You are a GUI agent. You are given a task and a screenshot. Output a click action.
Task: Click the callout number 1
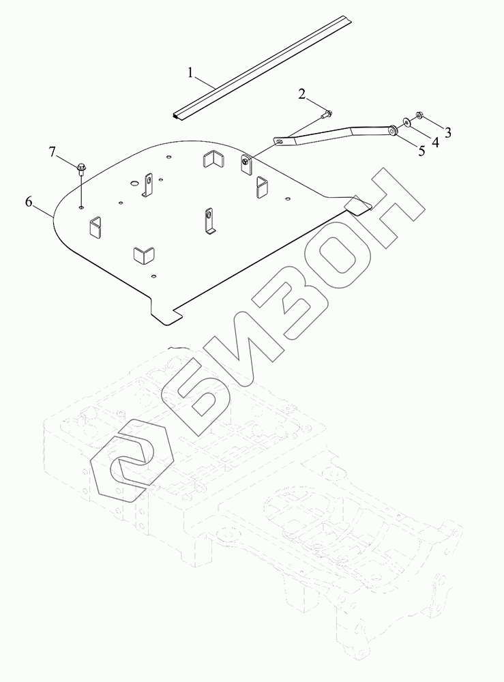point(192,71)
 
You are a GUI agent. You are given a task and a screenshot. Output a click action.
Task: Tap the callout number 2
point(301,93)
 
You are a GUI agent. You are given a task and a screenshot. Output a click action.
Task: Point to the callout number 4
point(435,141)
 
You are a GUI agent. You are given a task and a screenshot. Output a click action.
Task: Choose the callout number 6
point(29,201)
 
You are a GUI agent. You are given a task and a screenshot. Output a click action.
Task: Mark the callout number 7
point(53,151)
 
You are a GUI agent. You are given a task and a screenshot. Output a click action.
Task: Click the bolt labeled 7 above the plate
point(81,167)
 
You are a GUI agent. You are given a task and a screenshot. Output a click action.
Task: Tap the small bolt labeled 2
point(327,114)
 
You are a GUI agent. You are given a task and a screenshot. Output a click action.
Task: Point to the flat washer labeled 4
point(406,122)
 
